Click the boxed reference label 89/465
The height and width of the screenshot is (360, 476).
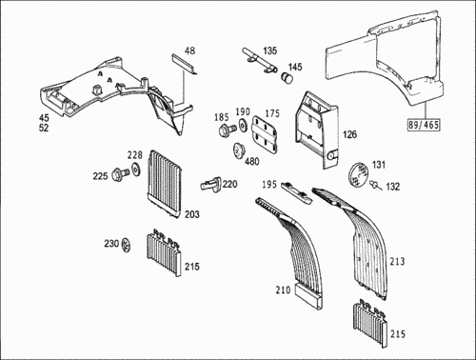pos(424,125)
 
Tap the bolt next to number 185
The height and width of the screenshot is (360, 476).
pos(228,130)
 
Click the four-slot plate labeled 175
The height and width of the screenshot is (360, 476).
pos(265,133)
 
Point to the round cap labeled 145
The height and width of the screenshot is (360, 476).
pos(288,78)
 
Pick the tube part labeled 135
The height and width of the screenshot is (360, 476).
pos(260,60)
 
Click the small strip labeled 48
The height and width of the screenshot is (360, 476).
pos(185,64)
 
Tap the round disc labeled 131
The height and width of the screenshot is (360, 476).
pos(359,174)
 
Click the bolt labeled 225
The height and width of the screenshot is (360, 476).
pos(121,174)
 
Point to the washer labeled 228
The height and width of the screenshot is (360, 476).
pos(137,169)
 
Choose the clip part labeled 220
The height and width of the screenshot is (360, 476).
pos(209,184)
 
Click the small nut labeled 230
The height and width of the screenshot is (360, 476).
pos(127,245)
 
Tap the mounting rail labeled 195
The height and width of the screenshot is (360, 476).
pos(296,192)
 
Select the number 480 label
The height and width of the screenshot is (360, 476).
pos(251,161)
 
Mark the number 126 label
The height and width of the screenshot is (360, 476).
pos(349,134)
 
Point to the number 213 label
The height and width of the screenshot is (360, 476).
pos(397,261)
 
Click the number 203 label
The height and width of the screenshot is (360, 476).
pos(192,214)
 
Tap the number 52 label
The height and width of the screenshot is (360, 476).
pos(44,128)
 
